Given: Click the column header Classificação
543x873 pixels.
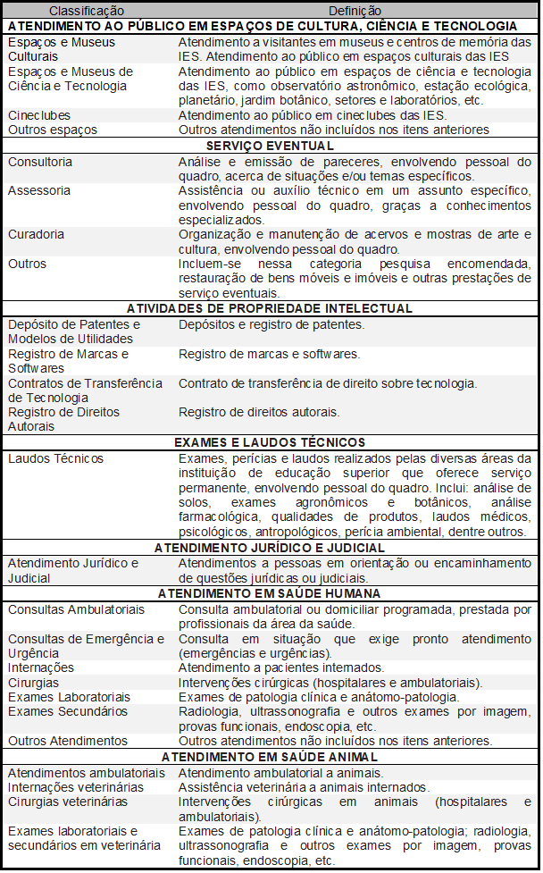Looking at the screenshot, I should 86,11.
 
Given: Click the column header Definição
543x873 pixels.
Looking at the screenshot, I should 354,11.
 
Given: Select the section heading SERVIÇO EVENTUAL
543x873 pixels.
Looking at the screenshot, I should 270,146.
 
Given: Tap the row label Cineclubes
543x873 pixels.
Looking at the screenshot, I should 39,115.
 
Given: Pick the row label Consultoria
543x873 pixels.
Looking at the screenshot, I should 40,162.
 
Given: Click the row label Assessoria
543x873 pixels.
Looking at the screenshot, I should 39,190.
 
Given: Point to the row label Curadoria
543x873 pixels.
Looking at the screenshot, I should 36,234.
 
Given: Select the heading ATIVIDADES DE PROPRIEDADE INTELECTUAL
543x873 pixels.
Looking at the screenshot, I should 270,308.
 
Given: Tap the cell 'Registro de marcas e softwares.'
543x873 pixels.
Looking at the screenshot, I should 270,354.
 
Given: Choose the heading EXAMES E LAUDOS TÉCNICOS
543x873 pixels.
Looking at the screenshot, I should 270,442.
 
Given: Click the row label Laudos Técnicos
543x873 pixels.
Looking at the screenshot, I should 55,458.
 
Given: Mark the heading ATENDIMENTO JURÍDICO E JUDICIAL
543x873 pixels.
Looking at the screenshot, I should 270,547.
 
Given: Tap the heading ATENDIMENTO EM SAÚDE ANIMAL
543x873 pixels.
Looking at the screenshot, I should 270,757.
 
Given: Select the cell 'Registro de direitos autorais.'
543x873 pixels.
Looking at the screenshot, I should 259,412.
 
